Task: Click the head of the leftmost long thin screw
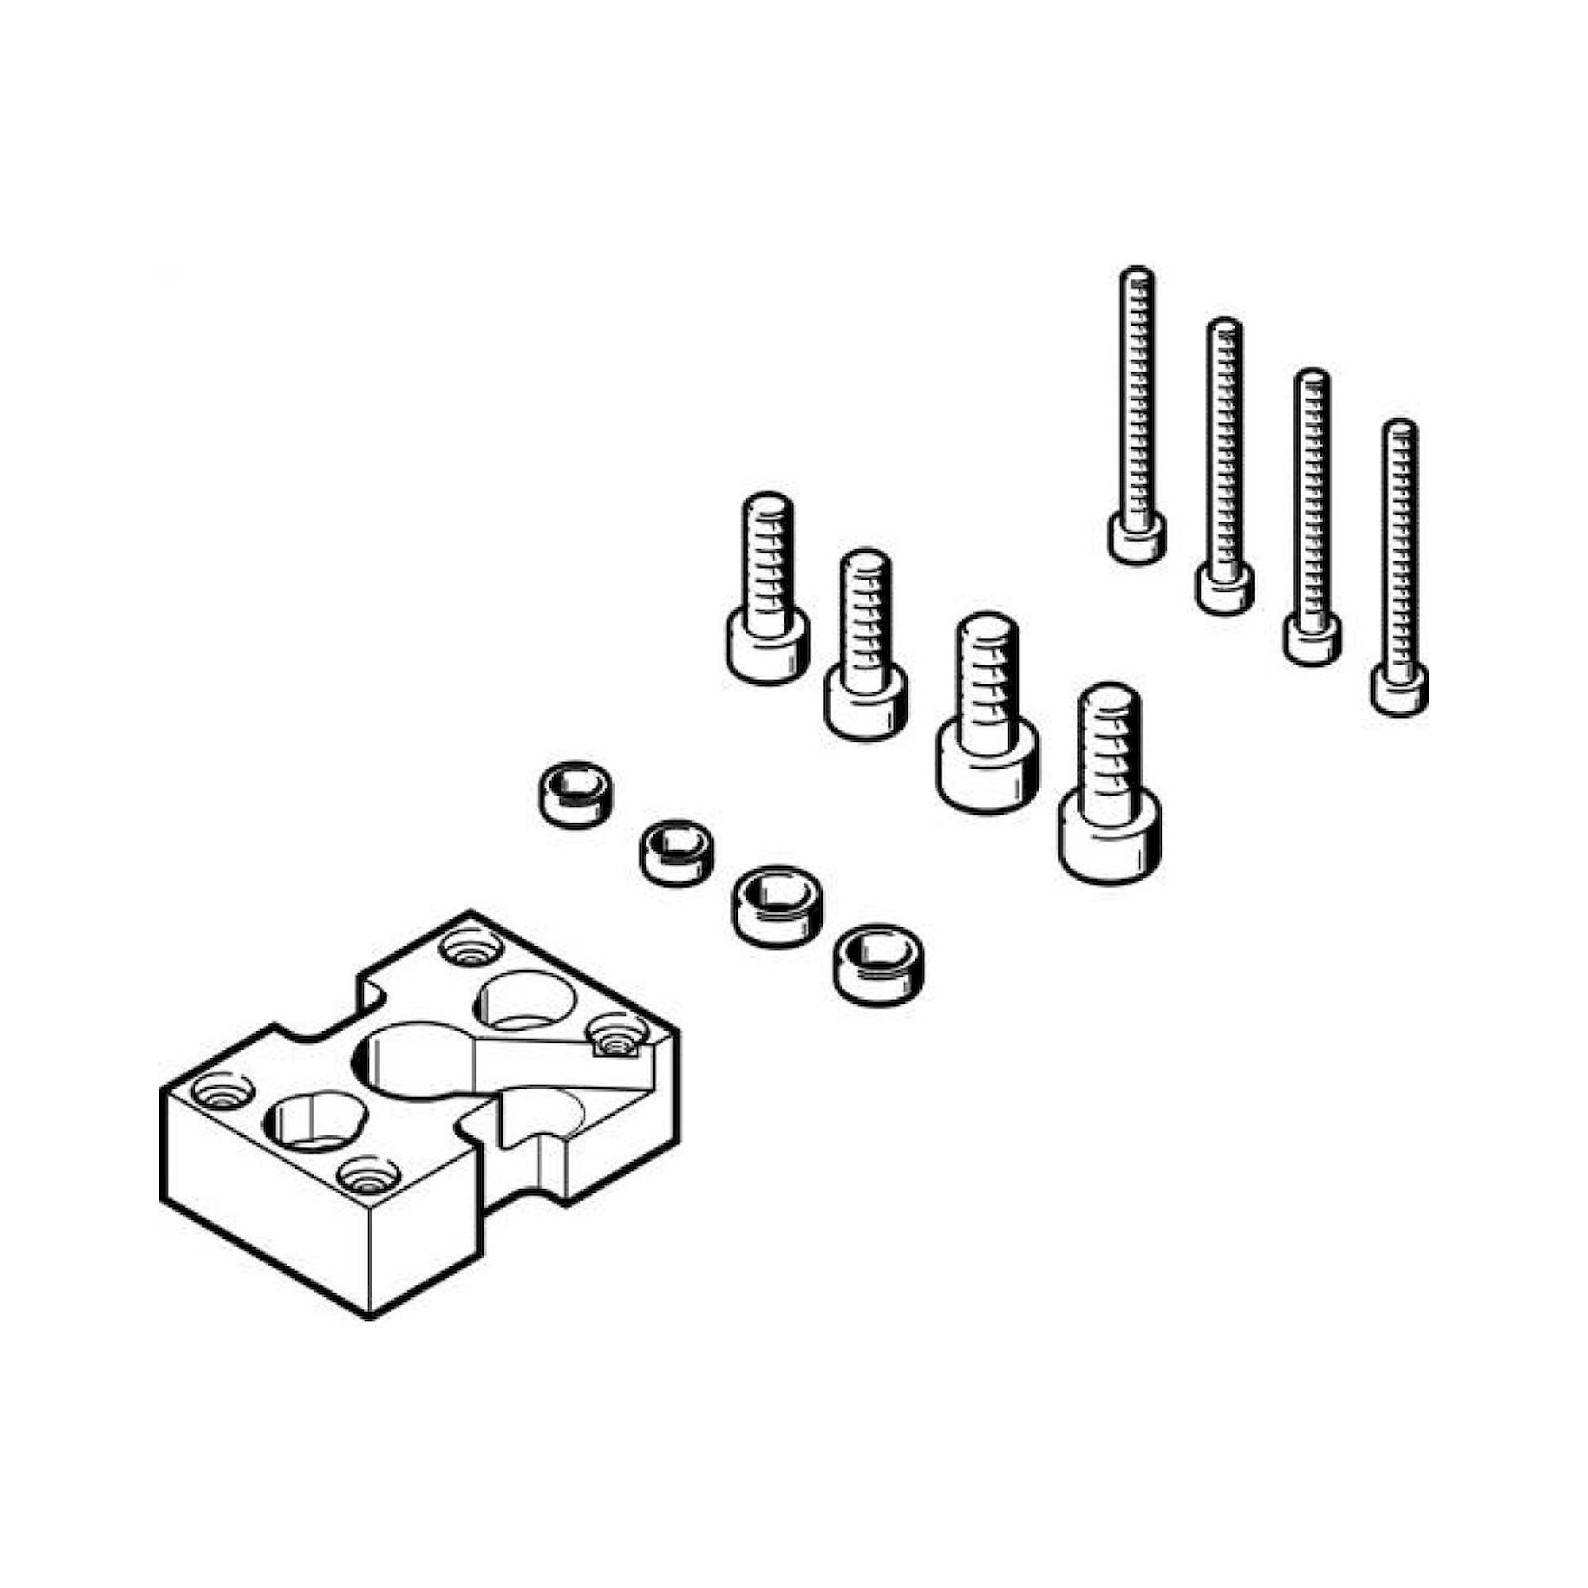(1138, 538)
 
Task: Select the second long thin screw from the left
(1224, 461)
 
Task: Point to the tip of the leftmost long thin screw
(1138, 276)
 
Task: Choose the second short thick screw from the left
(865, 641)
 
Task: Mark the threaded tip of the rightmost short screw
(1110, 699)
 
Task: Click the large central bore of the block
(415, 1060)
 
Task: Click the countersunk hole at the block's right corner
(616, 1036)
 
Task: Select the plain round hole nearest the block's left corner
(314, 1120)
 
